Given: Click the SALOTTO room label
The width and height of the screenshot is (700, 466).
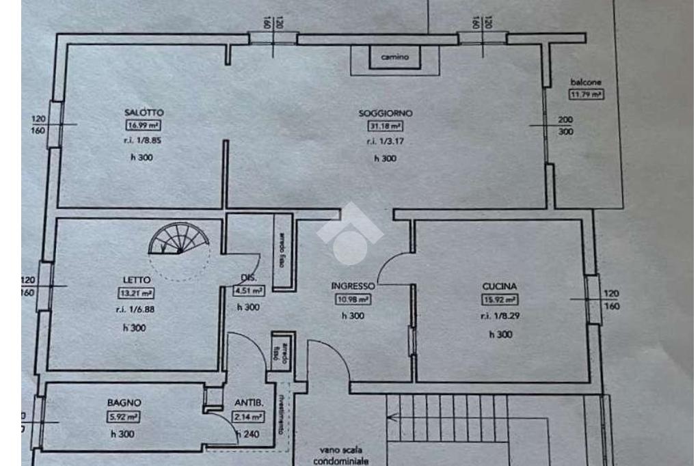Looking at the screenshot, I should (x=144, y=112).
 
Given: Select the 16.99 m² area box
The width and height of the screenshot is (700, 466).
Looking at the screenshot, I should (x=144, y=125).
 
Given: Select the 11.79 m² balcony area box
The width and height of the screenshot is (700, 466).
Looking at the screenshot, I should (x=587, y=94).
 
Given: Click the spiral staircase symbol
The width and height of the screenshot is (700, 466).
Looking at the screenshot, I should (x=180, y=241).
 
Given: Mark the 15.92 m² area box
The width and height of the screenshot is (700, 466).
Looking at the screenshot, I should (x=500, y=300).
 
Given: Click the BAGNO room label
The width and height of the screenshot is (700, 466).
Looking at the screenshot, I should (x=123, y=403).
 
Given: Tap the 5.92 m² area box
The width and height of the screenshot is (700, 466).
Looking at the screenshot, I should (x=123, y=416).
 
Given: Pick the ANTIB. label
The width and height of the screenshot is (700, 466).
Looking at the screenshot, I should (x=246, y=403).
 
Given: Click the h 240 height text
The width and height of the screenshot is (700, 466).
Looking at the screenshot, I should (x=247, y=433).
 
